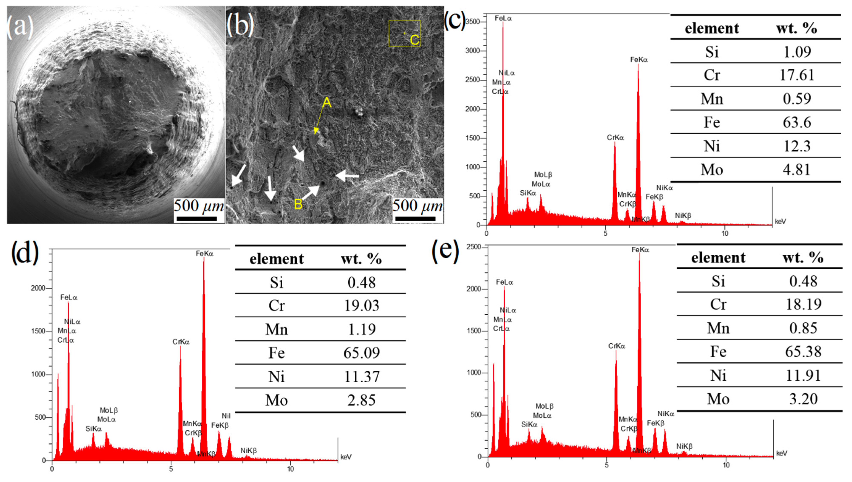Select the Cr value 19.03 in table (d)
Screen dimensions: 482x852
(x=361, y=305)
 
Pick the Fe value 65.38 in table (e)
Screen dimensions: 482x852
(x=803, y=352)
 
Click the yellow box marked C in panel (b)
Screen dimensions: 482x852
(x=405, y=33)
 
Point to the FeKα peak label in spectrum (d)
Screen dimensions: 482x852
(x=204, y=254)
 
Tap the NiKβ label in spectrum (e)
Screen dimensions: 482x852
(x=684, y=446)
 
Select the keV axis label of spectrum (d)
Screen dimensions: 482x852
(x=346, y=457)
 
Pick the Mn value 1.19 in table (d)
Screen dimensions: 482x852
(x=361, y=329)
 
